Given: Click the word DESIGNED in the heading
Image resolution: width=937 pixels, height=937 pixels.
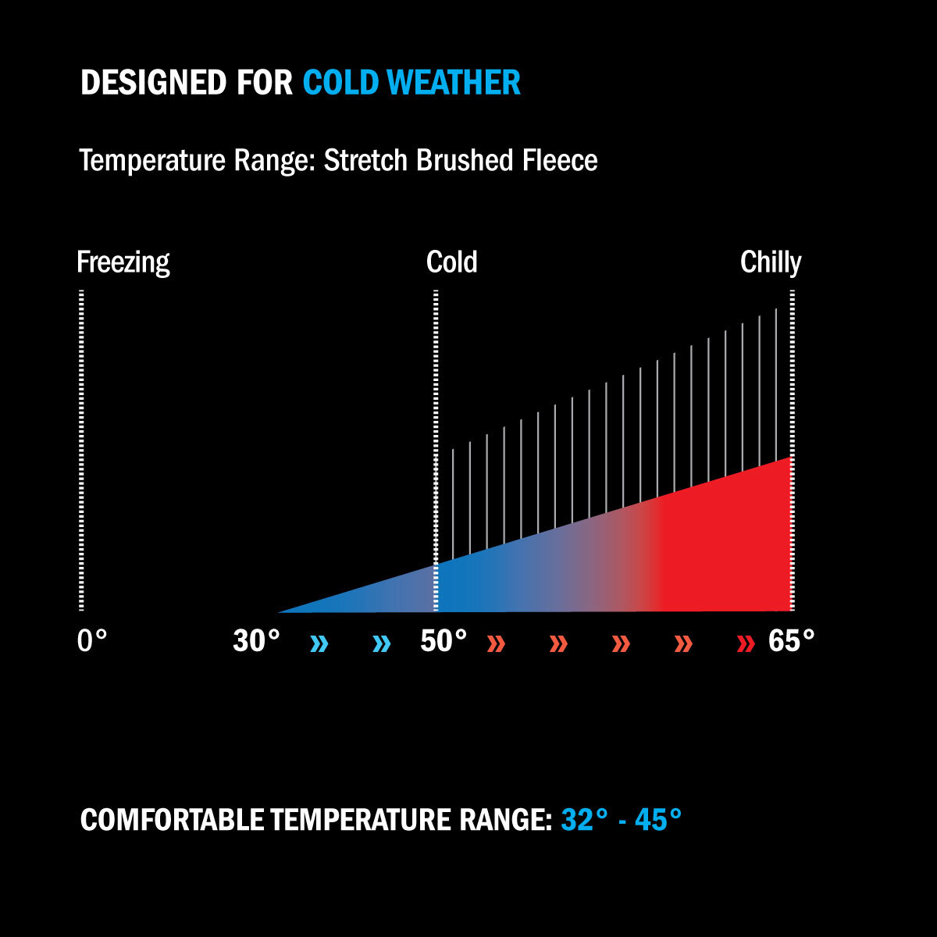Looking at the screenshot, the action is tap(153, 82).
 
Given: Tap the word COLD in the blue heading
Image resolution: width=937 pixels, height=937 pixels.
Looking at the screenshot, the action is tap(341, 82).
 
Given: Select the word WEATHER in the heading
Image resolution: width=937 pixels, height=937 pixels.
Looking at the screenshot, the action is tap(454, 82).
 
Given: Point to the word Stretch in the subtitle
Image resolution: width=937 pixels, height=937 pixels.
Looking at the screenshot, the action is tap(365, 160).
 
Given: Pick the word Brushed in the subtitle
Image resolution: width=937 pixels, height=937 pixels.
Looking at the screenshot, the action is tap(465, 160).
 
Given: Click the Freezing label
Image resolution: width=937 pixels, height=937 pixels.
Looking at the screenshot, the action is tap(123, 263).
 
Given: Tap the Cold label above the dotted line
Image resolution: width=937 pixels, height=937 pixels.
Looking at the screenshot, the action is tap(452, 262).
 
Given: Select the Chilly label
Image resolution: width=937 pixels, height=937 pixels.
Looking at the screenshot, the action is tap(771, 263).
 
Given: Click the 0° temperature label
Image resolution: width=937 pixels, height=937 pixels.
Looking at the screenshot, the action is tap(92, 640).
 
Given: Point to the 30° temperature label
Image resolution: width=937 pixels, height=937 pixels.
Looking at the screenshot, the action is tap(256, 640).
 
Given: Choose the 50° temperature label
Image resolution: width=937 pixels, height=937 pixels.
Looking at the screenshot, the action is tap(444, 640).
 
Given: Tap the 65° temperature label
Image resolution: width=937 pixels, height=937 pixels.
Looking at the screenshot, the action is tap(791, 640).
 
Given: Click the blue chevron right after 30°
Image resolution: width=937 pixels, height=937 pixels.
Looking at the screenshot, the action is tap(319, 643).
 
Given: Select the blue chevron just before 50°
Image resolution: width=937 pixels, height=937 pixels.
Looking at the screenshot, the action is tap(382, 643).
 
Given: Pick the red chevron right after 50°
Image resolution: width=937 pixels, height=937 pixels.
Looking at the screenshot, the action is tap(497, 643).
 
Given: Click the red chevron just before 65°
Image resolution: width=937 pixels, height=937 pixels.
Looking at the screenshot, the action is tap(746, 643).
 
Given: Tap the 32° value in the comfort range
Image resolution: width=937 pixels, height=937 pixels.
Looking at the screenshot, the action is tap(584, 819).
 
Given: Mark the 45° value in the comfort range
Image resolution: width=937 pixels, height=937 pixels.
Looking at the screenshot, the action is tap(658, 819).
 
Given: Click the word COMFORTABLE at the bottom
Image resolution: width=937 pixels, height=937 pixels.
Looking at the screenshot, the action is tap(172, 819).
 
